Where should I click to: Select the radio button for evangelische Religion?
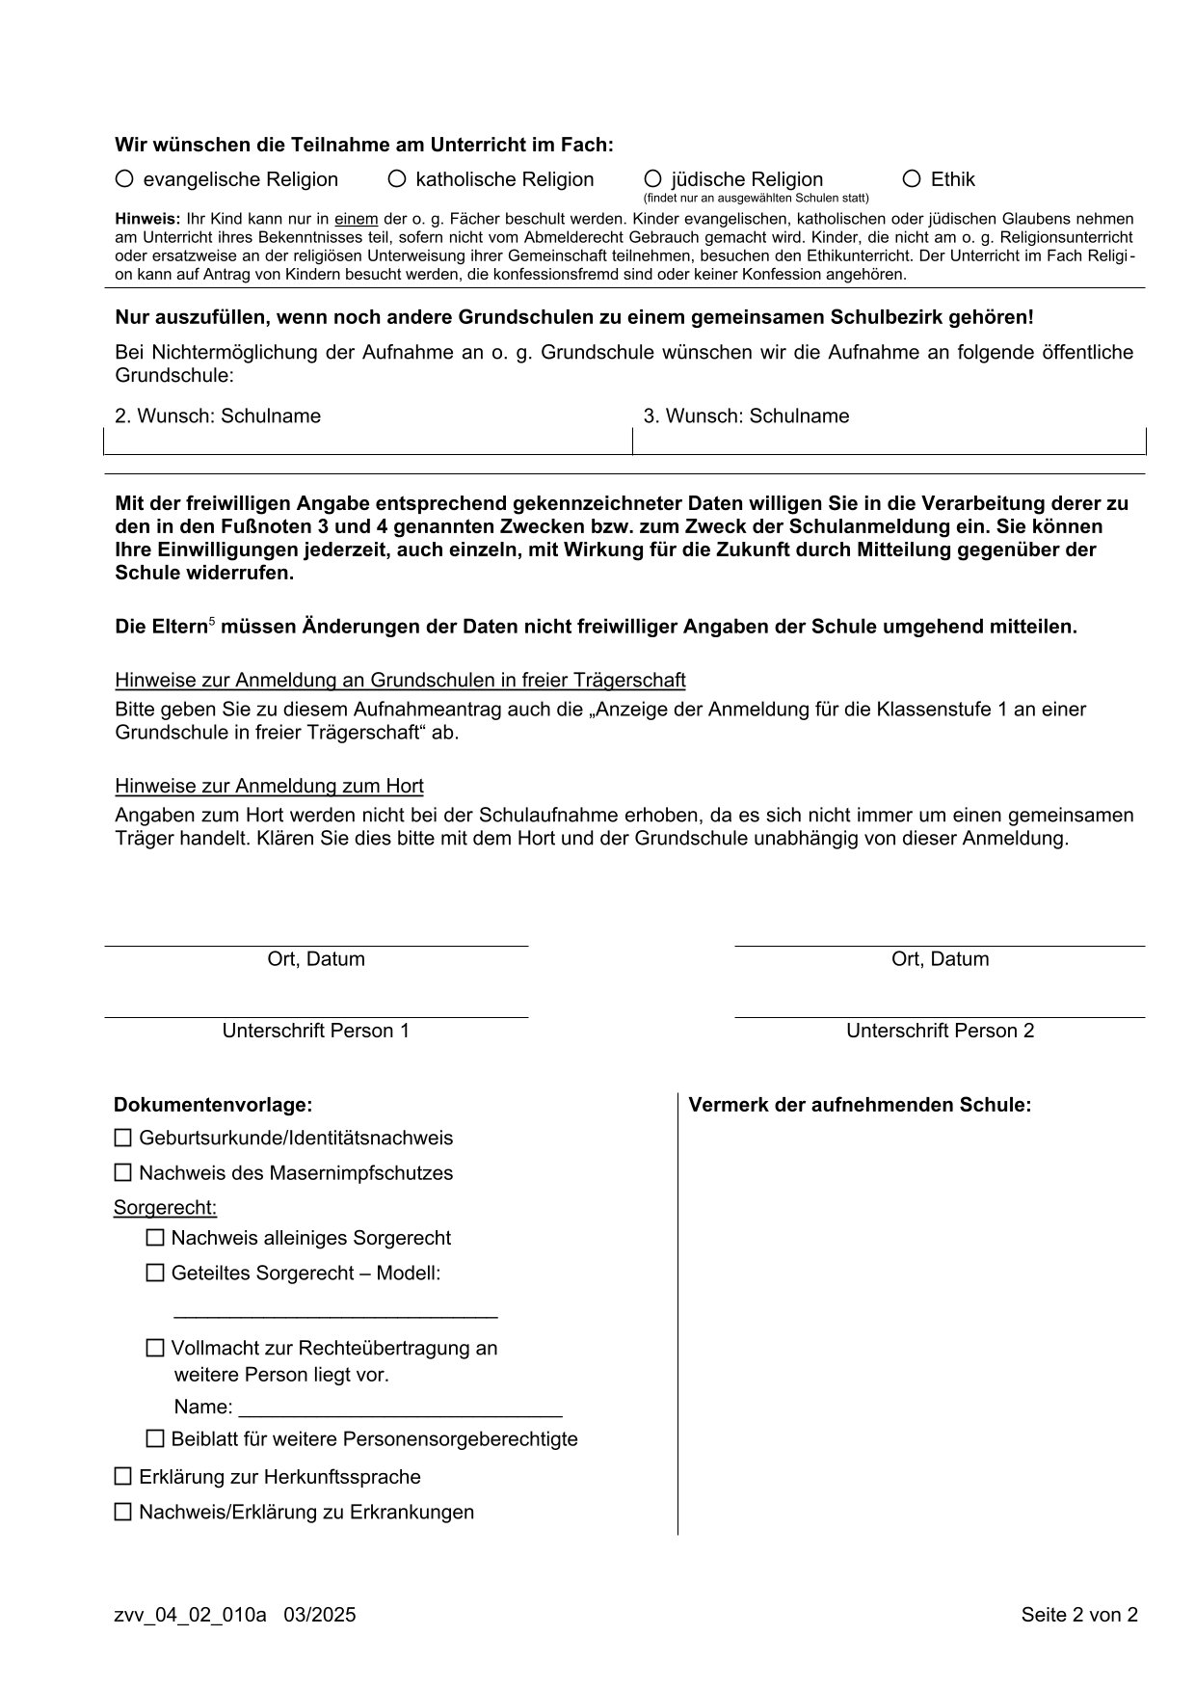click(123, 178)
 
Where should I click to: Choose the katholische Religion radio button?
click(396, 178)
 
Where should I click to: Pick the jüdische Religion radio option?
click(652, 178)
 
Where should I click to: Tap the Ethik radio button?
click(912, 178)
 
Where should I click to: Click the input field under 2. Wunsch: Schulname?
click(367, 441)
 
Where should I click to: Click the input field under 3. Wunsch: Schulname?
click(889, 441)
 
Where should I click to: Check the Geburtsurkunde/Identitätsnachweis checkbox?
click(122, 1138)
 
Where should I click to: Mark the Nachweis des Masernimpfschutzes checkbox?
click(122, 1173)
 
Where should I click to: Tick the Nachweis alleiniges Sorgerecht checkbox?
click(155, 1238)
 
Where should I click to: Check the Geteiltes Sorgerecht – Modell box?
click(155, 1273)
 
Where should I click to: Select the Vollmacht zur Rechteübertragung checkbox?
click(155, 1348)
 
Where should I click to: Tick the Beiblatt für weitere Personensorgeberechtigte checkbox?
click(155, 1439)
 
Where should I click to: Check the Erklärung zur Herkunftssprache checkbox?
click(122, 1476)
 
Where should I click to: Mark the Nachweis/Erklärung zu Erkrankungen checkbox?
click(122, 1512)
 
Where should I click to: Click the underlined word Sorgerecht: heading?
click(165, 1208)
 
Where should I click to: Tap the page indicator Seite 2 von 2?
click(1079, 1614)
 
